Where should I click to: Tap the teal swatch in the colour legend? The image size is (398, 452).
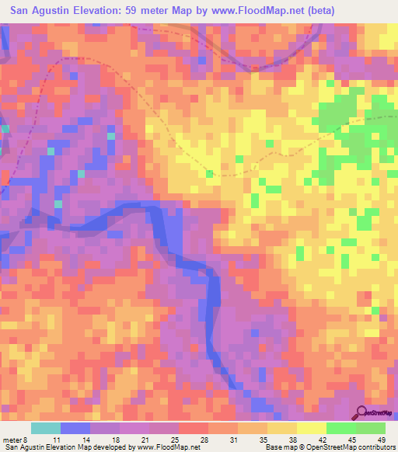(x=46, y=428)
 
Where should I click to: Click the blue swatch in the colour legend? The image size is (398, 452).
(x=75, y=428)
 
